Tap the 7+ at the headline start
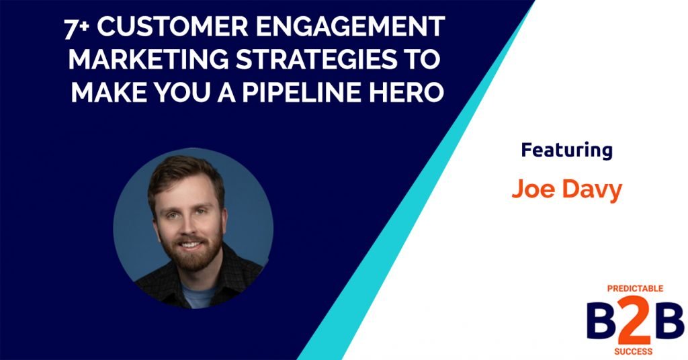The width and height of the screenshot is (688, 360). click(75, 28)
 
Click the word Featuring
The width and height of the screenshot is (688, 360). click(566, 150)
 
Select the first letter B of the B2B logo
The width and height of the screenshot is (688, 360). click(599, 319)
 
